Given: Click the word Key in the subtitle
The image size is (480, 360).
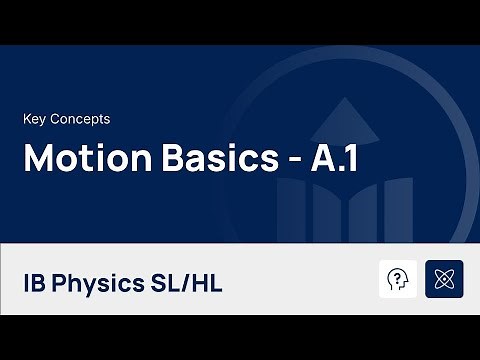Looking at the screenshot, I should (35, 119).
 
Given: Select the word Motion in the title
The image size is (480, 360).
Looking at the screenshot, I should (76, 160).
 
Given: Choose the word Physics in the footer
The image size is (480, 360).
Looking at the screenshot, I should (100, 283).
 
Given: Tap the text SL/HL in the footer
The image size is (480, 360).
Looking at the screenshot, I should (187, 283).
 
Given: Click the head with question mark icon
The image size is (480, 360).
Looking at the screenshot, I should (399, 279).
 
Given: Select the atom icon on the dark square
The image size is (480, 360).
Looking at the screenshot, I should (444, 279).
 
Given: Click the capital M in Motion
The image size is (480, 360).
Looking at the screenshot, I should (38, 160).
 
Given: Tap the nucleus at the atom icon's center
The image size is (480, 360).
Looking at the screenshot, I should (444, 279).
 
